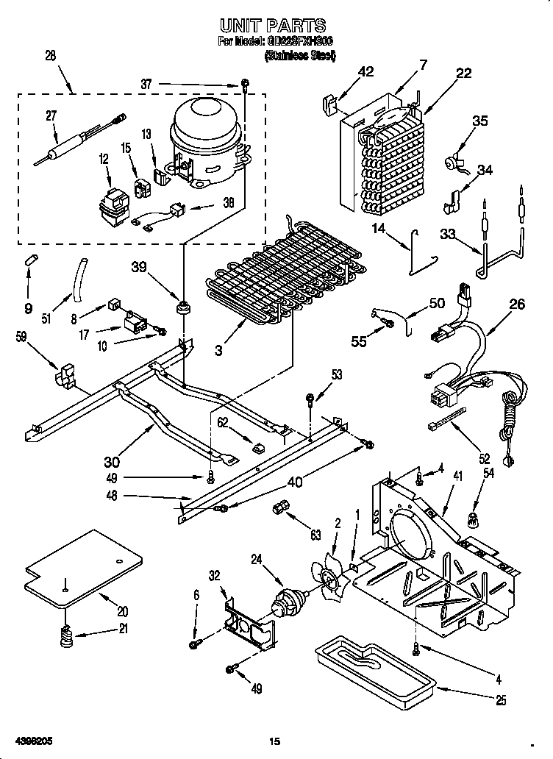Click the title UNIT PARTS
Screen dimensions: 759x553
tap(276, 26)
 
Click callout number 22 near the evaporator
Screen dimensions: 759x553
tap(463, 72)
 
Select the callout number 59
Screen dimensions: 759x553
tap(22, 338)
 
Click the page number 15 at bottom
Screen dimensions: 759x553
tap(275, 741)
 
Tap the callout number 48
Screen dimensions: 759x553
tap(111, 496)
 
